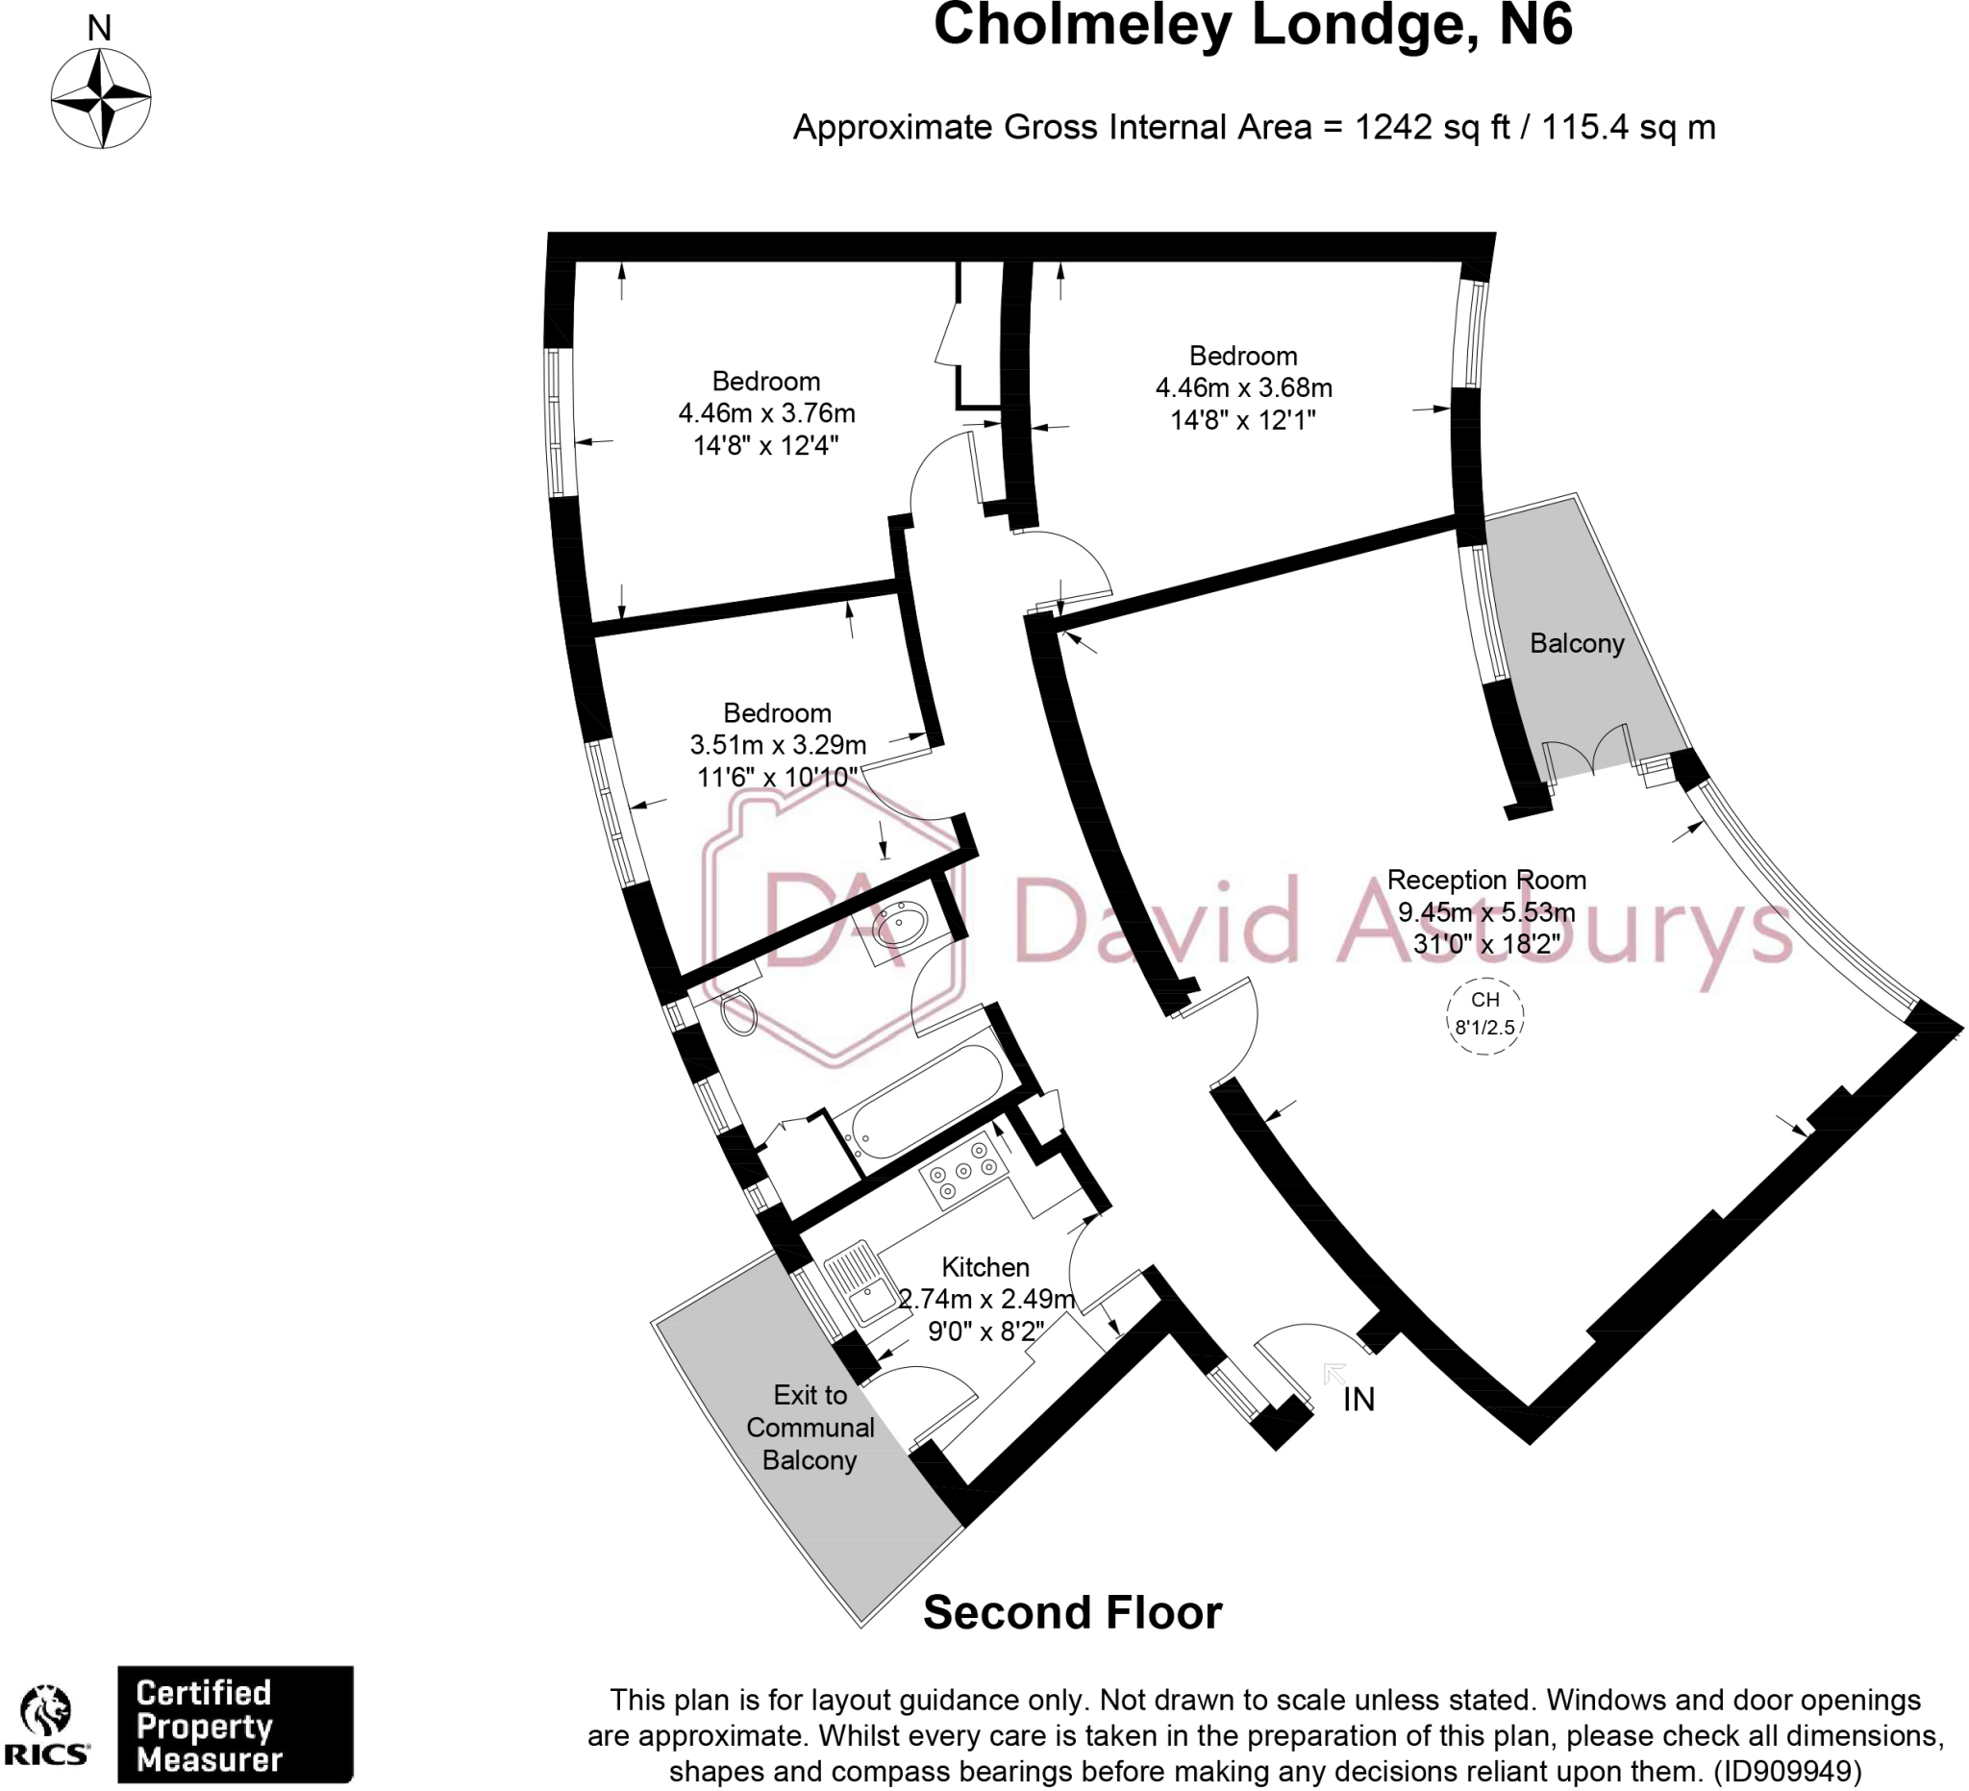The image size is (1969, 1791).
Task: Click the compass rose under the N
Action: (101, 99)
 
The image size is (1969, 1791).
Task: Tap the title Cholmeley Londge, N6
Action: (1253, 25)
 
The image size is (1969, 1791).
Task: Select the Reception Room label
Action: (1485, 880)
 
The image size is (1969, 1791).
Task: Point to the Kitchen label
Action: (984, 1267)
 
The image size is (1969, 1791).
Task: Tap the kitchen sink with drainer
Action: (859, 1283)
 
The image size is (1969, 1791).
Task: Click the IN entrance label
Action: (1358, 1400)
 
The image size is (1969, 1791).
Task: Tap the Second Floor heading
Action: (1072, 1612)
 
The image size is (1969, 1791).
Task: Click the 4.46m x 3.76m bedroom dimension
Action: (766, 413)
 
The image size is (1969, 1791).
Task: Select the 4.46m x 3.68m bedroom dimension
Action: (1243, 387)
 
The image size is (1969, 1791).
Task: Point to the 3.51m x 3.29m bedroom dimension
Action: (778, 745)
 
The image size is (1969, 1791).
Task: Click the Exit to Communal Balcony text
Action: (810, 1427)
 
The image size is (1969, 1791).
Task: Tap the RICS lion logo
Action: (46, 1726)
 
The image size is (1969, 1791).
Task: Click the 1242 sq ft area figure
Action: (1432, 128)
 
